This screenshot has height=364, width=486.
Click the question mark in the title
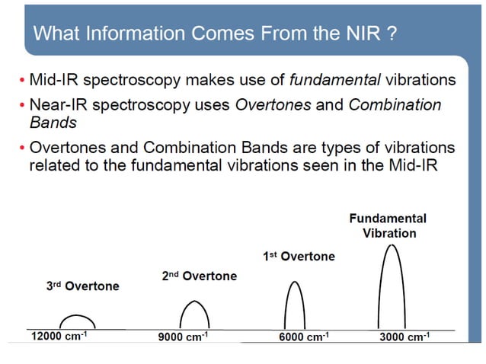click(392, 34)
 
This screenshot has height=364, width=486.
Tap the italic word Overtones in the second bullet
click(273, 104)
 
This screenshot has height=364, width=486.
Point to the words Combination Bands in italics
click(395, 105)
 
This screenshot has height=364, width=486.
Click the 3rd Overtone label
click(83, 286)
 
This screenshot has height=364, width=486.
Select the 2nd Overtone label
click(199, 276)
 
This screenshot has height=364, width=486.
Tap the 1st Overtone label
click(299, 257)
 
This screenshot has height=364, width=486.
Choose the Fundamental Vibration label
click(388, 225)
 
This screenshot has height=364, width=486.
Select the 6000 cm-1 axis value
click(304, 337)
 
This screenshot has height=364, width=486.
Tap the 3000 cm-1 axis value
click(404, 337)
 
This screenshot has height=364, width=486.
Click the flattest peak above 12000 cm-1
click(77, 321)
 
